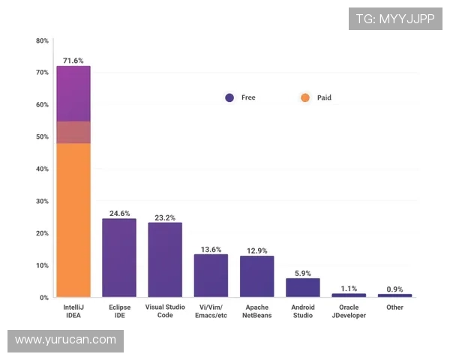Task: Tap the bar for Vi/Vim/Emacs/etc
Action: coord(211,275)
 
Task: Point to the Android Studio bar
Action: coord(303,287)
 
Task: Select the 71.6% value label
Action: coord(73,60)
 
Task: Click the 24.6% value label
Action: coord(119,213)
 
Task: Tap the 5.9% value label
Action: coord(303,273)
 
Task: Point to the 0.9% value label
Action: coord(395,289)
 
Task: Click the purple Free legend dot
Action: coord(229,97)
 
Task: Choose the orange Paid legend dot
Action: coord(304,97)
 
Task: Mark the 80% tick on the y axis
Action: coord(42,40)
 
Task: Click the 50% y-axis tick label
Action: coord(42,137)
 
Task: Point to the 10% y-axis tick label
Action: coord(42,265)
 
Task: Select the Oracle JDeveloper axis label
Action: coord(349,311)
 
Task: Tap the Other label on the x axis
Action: coord(394,307)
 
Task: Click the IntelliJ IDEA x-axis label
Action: coord(73,311)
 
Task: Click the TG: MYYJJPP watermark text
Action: coord(395,19)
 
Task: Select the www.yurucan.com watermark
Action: coord(66,340)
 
